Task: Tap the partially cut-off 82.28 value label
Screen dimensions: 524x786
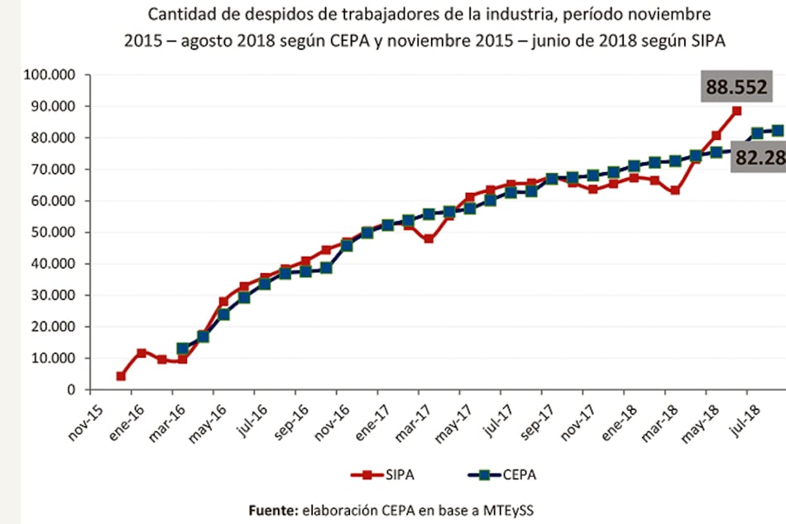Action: (x=759, y=157)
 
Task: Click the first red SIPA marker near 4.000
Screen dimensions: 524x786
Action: (x=121, y=376)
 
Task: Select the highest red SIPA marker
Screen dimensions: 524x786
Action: (x=736, y=111)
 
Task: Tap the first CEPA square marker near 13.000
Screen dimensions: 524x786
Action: (x=182, y=349)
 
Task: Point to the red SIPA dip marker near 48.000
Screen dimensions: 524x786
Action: (x=429, y=239)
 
